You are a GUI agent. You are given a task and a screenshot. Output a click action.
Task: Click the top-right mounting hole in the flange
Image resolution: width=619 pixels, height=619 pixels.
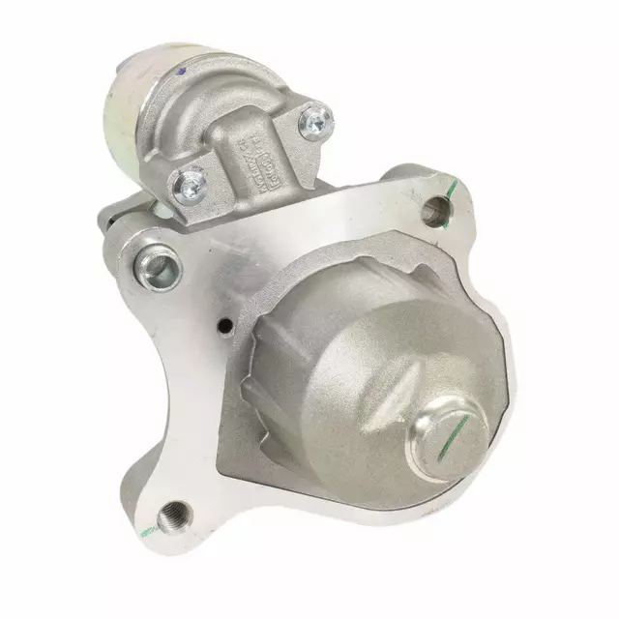click(438, 207)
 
